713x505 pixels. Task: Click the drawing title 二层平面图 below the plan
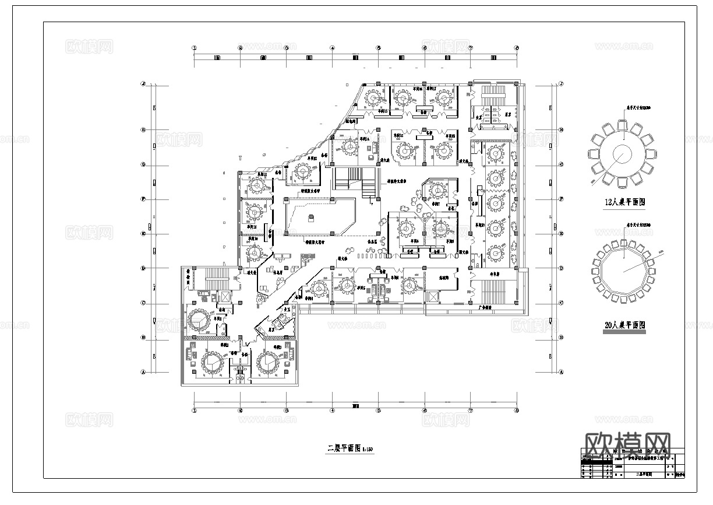(x=350, y=448)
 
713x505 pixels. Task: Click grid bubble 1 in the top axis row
(x=195, y=48)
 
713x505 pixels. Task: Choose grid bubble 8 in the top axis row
(x=516, y=48)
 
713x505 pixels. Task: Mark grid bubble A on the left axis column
(x=143, y=372)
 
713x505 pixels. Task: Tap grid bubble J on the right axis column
(x=561, y=84)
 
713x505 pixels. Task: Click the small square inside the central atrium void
(x=311, y=218)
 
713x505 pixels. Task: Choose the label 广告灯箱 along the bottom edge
(x=485, y=306)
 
